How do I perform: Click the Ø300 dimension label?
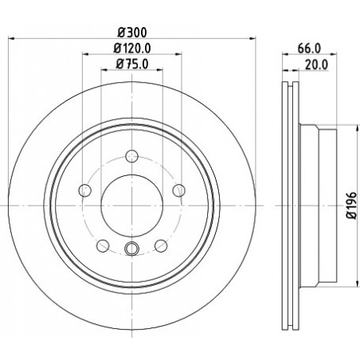[x=132, y=33]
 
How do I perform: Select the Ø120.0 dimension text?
[x=132, y=49]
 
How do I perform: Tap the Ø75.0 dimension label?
[x=132, y=64]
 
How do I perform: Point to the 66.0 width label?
[x=309, y=49]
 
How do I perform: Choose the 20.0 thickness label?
[x=317, y=65]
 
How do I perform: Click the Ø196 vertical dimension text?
[x=351, y=205]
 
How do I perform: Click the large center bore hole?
[x=132, y=205]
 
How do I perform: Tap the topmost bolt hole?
[x=132, y=156]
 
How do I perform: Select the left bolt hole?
[x=85, y=190]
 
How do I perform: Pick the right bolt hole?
[x=179, y=190]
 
